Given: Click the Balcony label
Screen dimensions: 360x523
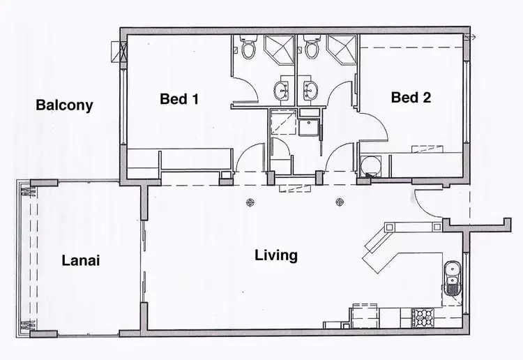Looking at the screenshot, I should (64, 106).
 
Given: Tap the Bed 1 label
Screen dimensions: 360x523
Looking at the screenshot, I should (179, 99).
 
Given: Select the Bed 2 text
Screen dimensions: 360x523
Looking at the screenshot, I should (411, 98).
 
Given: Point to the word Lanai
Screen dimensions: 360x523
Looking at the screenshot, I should (80, 261).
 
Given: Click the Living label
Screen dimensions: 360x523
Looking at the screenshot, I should (276, 255).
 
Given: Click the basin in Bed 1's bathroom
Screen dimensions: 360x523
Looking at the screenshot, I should (282, 89).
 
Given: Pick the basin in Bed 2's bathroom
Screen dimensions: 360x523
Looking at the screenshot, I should (311, 89).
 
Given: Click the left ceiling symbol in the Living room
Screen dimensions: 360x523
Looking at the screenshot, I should (250, 203).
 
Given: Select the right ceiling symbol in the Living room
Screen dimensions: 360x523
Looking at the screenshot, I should (340, 203).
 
